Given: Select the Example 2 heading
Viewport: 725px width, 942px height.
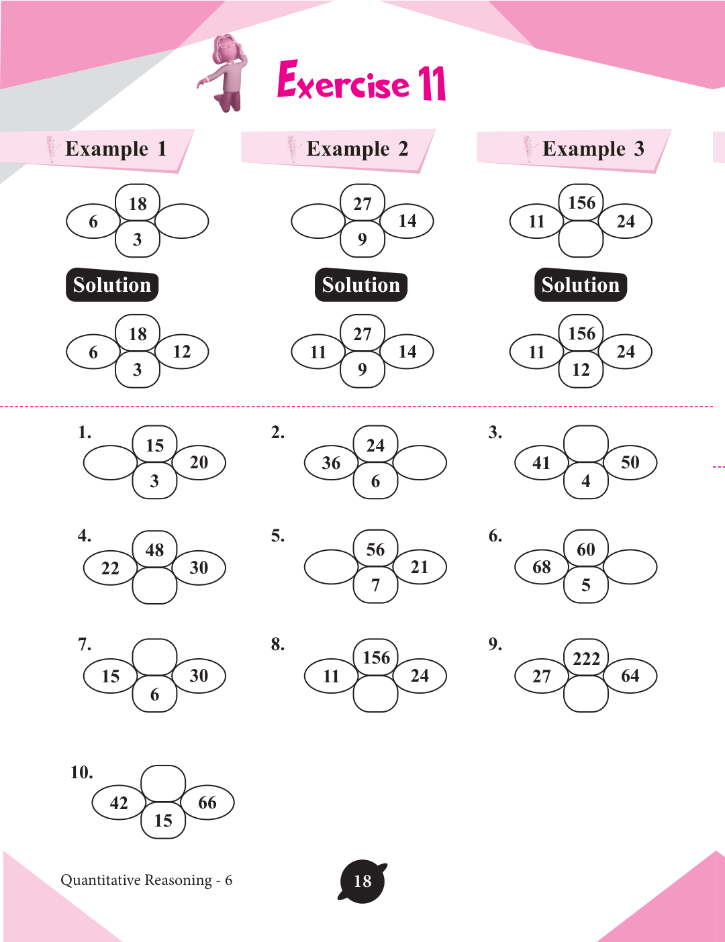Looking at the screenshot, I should [x=356, y=149].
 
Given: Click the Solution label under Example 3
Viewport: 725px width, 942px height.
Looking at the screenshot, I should [x=580, y=285].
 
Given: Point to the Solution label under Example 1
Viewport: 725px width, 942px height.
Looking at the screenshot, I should [x=112, y=285].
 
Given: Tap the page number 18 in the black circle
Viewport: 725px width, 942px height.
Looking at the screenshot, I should [x=362, y=881].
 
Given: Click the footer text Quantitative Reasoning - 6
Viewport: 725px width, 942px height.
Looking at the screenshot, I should [x=146, y=880].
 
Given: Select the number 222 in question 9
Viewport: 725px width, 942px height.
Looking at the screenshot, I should [x=586, y=658].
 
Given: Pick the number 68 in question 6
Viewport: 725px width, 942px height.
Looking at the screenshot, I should [x=541, y=568].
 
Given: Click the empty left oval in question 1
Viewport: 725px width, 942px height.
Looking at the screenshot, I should [x=109, y=463].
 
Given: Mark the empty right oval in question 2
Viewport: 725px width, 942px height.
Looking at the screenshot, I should [x=420, y=463].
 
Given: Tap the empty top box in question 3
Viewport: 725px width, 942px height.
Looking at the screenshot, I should [x=586, y=443].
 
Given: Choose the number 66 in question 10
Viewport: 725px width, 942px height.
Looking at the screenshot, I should [x=207, y=803].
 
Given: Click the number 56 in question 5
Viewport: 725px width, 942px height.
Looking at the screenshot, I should [x=375, y=549].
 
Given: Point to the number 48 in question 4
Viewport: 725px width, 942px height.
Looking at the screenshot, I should [x=154, y=550].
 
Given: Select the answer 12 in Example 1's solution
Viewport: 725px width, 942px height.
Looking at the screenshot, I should [x=182, y=352].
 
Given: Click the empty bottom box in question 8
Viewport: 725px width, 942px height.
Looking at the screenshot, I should [x=375, y=694].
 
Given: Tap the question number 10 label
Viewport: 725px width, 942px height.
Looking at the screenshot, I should [x=81, y=772].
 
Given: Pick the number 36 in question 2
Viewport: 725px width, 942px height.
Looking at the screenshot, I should [x=331, y=463].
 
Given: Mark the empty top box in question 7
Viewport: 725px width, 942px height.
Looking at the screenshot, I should [x=154, y=657].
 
